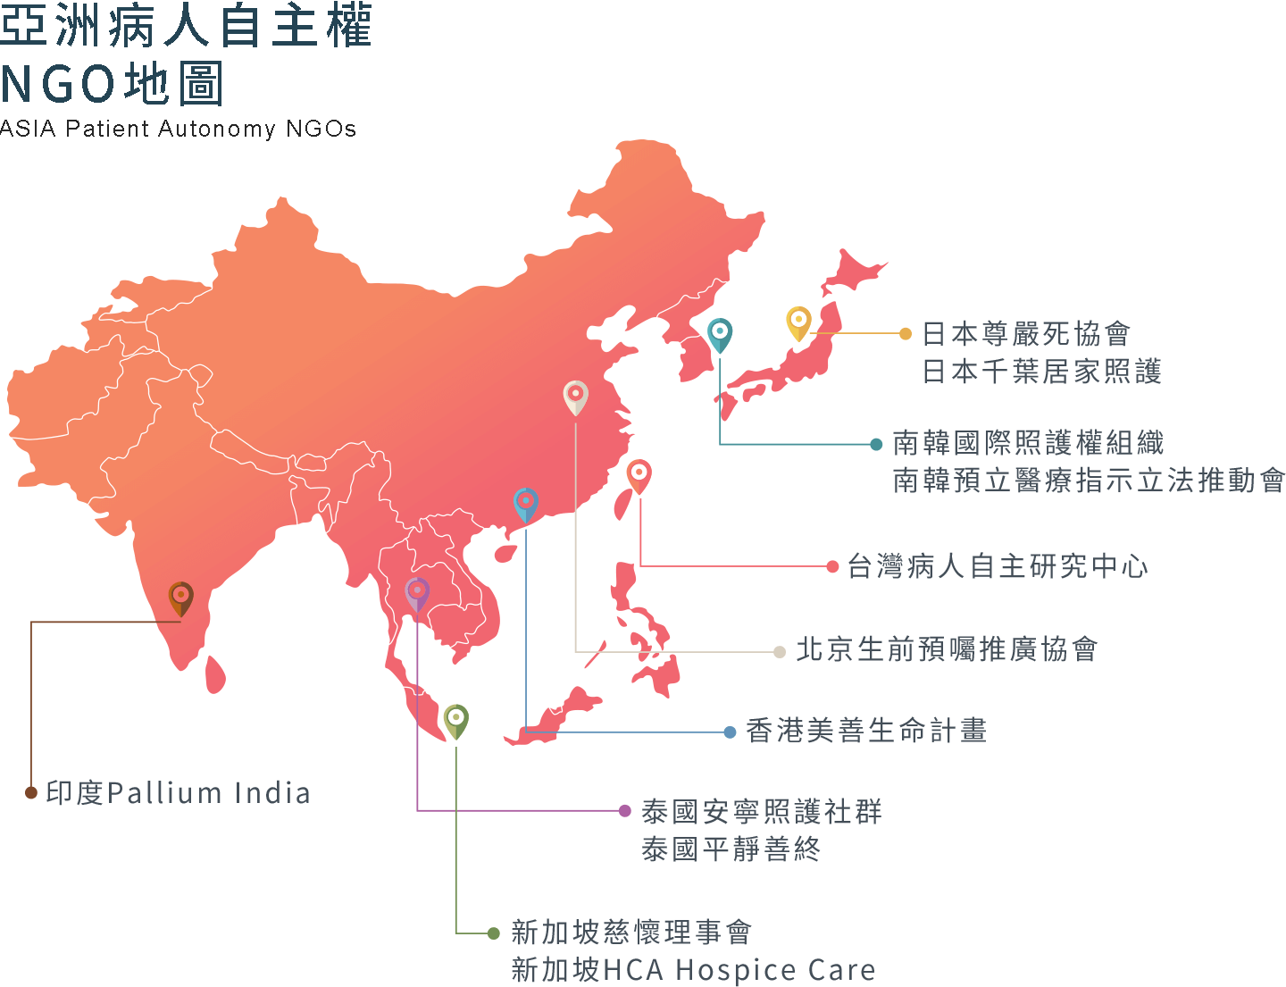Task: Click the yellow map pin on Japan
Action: (798, 322)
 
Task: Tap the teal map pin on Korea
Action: (720, 333)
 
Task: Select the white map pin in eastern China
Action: (576, 395)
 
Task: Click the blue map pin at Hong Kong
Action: (526, 503)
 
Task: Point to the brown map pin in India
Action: (181, 597)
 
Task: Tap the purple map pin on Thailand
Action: (417, 591)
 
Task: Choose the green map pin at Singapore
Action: (455, 719)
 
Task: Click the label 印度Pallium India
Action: (178, 793)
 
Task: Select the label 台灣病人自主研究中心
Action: (997, 566)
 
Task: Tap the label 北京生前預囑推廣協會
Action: (947, 649)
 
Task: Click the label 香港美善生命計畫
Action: (865, 731)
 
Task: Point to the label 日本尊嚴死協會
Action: (1025, 334)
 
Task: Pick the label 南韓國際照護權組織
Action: (1028, 443)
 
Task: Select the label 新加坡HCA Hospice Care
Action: (693, 970)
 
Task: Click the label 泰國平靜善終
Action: (731, 849)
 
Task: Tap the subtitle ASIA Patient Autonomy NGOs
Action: (179, 130)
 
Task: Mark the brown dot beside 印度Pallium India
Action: (31, 792)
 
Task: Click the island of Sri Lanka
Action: (215, 674)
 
